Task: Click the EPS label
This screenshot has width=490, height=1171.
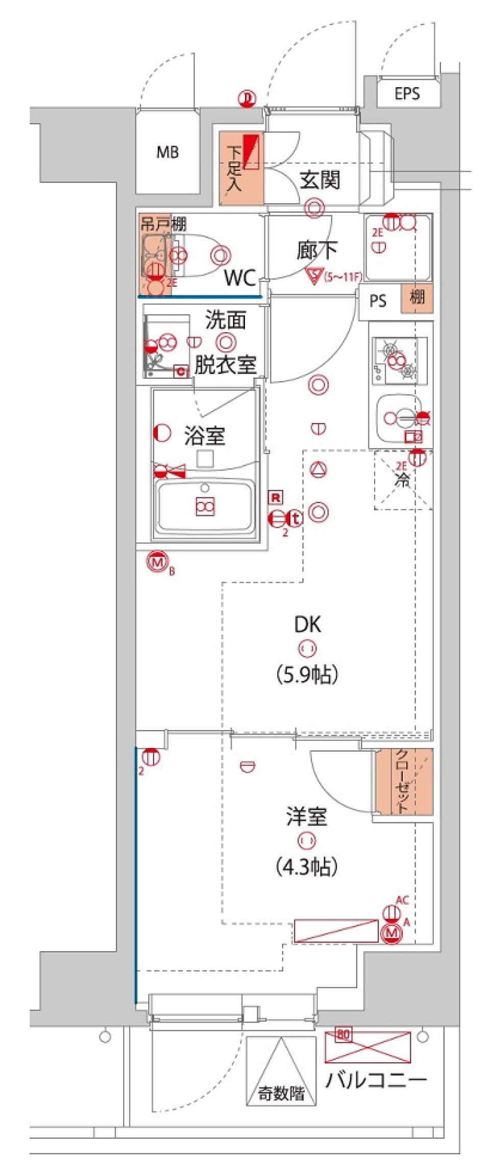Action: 407,93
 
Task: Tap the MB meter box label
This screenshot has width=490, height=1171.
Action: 167,152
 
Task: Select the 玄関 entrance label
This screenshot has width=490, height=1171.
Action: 320,180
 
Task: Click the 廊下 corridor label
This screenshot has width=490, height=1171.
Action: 316,250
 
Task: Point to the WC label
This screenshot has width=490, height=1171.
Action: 240,278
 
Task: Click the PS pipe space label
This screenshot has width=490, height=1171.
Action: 378,301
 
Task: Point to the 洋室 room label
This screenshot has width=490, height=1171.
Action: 307,816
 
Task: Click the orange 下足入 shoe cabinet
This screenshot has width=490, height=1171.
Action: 241,168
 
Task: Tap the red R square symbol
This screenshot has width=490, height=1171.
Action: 276,497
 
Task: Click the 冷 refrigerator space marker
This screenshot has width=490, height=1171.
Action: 403,480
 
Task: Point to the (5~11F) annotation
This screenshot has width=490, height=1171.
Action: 343,277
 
